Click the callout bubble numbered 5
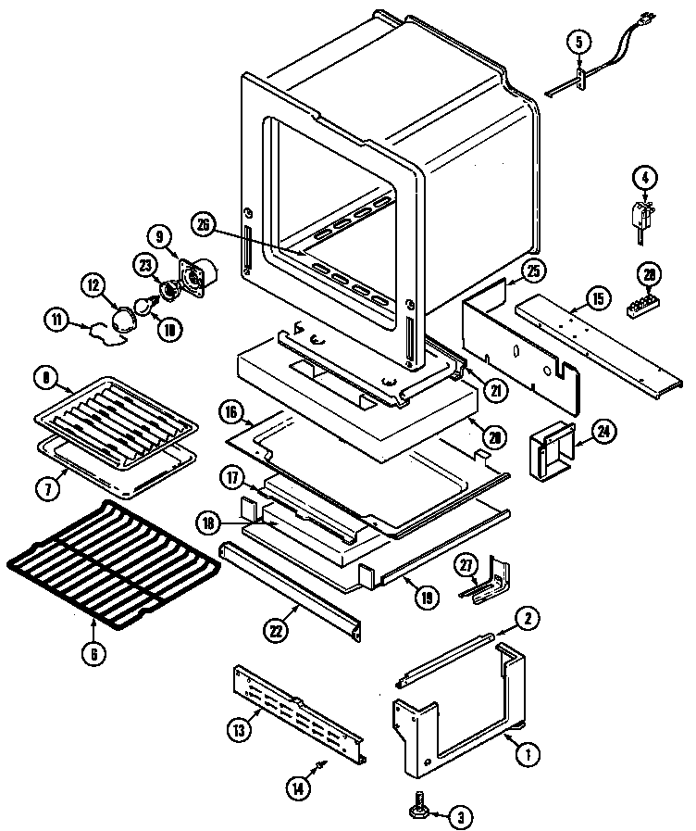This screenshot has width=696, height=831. click(x=579, y=42)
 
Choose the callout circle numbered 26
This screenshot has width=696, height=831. click(x=205, y=222)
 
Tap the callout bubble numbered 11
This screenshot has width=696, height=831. click(x=57, y=321)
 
